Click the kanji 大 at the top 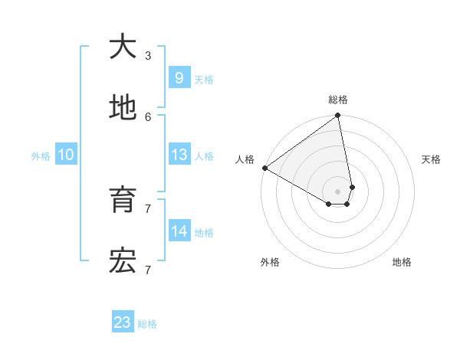[x=123, y=47]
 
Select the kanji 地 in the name [x=123, y=109]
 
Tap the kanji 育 [x=123, y=201]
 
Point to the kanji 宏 [x=123, y=262]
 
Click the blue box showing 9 [x=179, y=78]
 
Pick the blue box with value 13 [x=179, y=155]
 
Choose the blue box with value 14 [x=179, y=231]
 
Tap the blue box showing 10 [x=66, y=155]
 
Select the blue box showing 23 [x=123, y=322]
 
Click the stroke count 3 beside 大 [x=148, y=56]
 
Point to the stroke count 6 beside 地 [x=148, y=116]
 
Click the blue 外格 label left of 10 [x=41, y=156]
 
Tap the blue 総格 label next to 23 [x=147, y=324]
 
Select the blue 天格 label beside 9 [x=204, y=80]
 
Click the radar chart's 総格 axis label [x=338, y=100]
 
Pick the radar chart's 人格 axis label [x=245, y=159]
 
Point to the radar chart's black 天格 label [x=432, y=159]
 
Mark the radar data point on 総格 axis [x=338, y=116]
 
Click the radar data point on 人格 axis [x=264, y=168]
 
